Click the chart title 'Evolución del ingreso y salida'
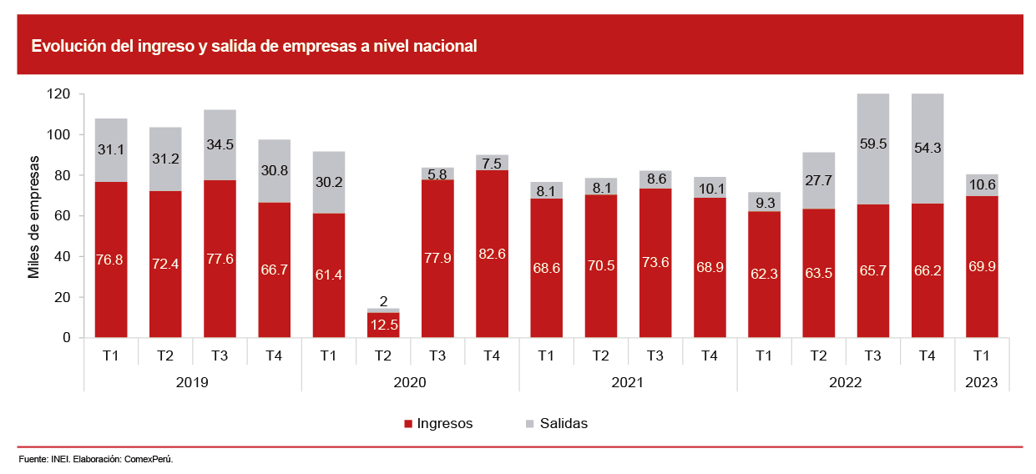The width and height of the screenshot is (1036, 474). coord(254,47)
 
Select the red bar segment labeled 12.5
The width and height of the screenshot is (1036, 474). coord(383,325)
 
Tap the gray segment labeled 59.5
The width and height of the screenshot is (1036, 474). coord(872,149)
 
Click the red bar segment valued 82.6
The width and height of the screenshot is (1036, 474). coord(492,254)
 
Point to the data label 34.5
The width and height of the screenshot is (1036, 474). coord(220,144)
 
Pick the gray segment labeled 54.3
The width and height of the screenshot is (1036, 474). coord(927,149)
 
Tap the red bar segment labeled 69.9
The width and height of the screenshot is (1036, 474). coord(981,267)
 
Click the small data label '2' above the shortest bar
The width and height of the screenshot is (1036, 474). coord(383,301)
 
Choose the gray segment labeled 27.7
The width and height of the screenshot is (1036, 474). coord(818,180)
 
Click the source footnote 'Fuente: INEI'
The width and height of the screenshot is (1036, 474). coord(96,460)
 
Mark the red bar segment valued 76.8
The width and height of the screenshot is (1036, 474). coord(111,260)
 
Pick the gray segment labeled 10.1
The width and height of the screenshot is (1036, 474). coord(710,188)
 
